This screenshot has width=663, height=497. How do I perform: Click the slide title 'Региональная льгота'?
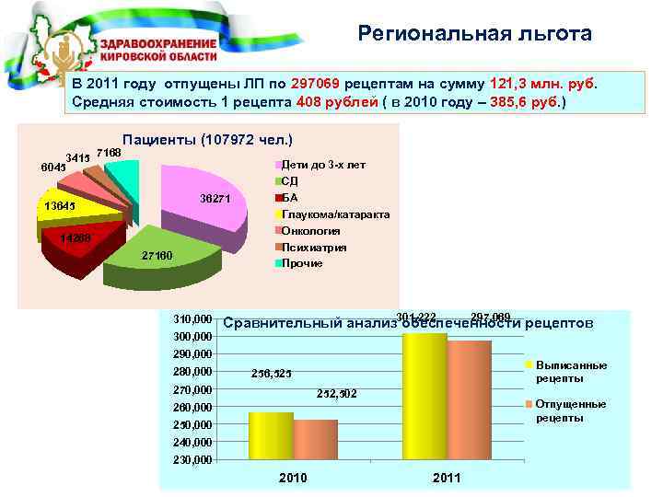tap(475, 35)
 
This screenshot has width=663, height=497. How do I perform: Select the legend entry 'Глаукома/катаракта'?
tap(335, 214)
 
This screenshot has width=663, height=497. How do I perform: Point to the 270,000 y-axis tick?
tap(193, 389)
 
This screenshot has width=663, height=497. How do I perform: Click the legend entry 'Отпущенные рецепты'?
tap(570, 410)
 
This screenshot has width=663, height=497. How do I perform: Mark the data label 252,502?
tap(336, 394)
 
